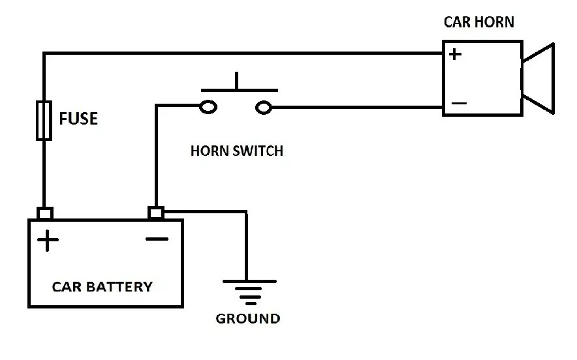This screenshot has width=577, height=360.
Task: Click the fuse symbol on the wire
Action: [x=44, y=120]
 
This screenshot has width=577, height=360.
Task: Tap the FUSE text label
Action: [x=78, y=119]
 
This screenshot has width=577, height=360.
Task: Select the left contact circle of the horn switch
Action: [x=208, y=107]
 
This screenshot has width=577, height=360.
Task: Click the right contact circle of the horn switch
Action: [x=263, y=107]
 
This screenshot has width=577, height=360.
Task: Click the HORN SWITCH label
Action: [x=236, y=151]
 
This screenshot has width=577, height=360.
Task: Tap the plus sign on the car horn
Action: [x=455, y=54]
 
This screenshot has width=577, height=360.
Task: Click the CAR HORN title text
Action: [x=478, y=22]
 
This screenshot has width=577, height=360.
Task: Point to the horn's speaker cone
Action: [x=539, y=78]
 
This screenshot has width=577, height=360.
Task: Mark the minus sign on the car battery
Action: [x=157, y=239]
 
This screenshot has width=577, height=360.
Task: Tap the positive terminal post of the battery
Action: [x=44, y=213]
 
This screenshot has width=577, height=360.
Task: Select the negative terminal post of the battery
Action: [x=156, y=213]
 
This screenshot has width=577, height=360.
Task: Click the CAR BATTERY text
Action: [x=102, y=286]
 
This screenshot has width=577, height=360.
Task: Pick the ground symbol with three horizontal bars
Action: [x=248, y=291]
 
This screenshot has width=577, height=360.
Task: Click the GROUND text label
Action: [x=247, y=319]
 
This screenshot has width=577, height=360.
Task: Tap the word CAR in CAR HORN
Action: [x=456, y=22]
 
